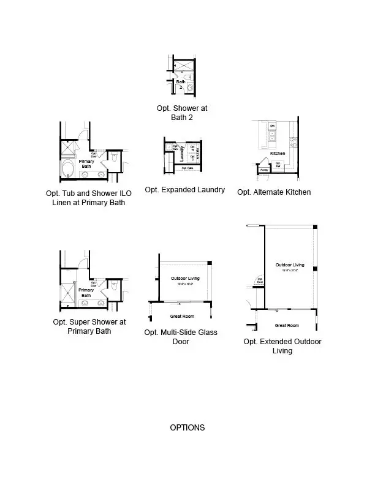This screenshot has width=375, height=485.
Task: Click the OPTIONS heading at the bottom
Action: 187,427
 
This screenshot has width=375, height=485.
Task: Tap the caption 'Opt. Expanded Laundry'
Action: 184,190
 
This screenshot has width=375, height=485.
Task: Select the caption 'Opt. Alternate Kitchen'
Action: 274,192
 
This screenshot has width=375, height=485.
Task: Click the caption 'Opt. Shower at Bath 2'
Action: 182,112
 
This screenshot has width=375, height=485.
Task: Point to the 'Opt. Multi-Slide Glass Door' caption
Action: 181,337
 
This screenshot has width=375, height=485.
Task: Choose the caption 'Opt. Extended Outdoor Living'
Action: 282,346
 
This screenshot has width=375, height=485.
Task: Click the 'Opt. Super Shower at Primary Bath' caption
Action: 89,326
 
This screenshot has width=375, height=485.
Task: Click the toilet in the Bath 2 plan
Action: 189,88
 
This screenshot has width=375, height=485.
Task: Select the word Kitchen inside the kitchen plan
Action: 278,153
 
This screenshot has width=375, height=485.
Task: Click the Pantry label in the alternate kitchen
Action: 264,170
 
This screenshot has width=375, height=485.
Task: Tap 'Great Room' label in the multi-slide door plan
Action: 182,316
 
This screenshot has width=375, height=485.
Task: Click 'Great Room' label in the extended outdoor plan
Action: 286,325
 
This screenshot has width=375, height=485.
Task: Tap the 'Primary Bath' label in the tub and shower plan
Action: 87,164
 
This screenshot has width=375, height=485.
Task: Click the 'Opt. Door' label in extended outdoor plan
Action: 260,280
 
